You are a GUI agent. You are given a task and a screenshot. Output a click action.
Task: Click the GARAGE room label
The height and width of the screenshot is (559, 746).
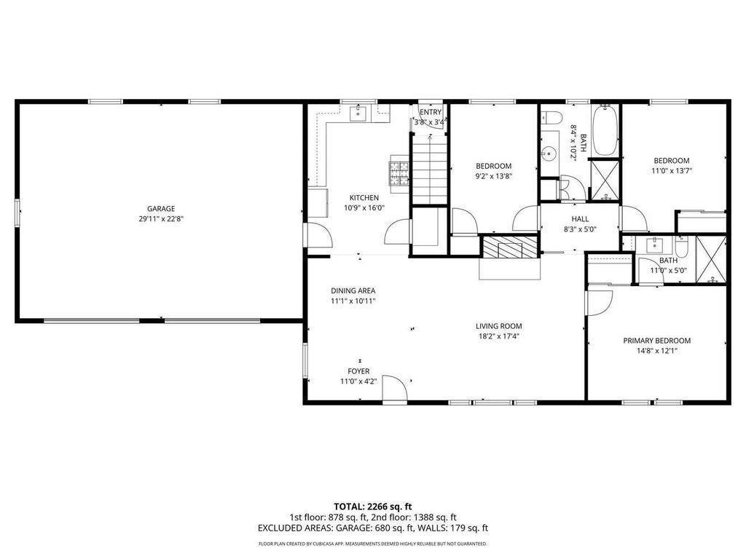(161, 209)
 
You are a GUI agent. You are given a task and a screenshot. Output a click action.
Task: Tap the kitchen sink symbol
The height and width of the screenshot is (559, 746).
(358, 114)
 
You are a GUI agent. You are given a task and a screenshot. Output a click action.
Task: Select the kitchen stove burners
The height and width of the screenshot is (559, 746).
(400, 173)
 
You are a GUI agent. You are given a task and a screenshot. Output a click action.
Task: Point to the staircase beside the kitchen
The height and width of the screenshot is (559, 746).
(430, 169)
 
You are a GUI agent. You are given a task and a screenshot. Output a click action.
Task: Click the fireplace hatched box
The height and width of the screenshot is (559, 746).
(510, 247)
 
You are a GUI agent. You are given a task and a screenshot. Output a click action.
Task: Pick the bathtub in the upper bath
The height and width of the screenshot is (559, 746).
(605, 130)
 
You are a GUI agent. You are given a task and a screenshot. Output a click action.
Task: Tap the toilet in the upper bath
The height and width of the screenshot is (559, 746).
(552, 116)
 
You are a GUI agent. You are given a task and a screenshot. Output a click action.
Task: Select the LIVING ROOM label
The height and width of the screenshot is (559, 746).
(498, 326)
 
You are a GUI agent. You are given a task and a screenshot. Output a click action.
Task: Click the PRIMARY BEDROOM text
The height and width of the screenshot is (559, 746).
(656, 341)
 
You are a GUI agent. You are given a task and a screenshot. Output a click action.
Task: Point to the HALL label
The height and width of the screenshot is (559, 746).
(580, 219)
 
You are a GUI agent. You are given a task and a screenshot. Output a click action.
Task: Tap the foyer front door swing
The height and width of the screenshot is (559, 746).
(394, 389)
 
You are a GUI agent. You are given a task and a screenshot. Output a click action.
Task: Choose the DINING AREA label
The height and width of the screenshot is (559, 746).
(353, 291)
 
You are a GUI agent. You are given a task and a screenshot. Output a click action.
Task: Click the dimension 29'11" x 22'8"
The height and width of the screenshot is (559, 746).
(161, 219)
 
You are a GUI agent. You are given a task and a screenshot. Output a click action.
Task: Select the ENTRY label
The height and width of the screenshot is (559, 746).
(431, 112)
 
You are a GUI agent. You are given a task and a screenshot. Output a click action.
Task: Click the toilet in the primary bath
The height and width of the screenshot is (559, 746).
(681, 247)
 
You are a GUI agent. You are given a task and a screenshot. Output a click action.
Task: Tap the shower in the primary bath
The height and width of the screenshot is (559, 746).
(711, 259)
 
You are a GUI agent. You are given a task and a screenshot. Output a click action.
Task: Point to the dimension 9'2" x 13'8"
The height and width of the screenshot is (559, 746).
(494, 176)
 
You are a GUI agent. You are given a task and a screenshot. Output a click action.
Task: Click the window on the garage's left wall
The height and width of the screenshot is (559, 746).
(18, 212)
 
